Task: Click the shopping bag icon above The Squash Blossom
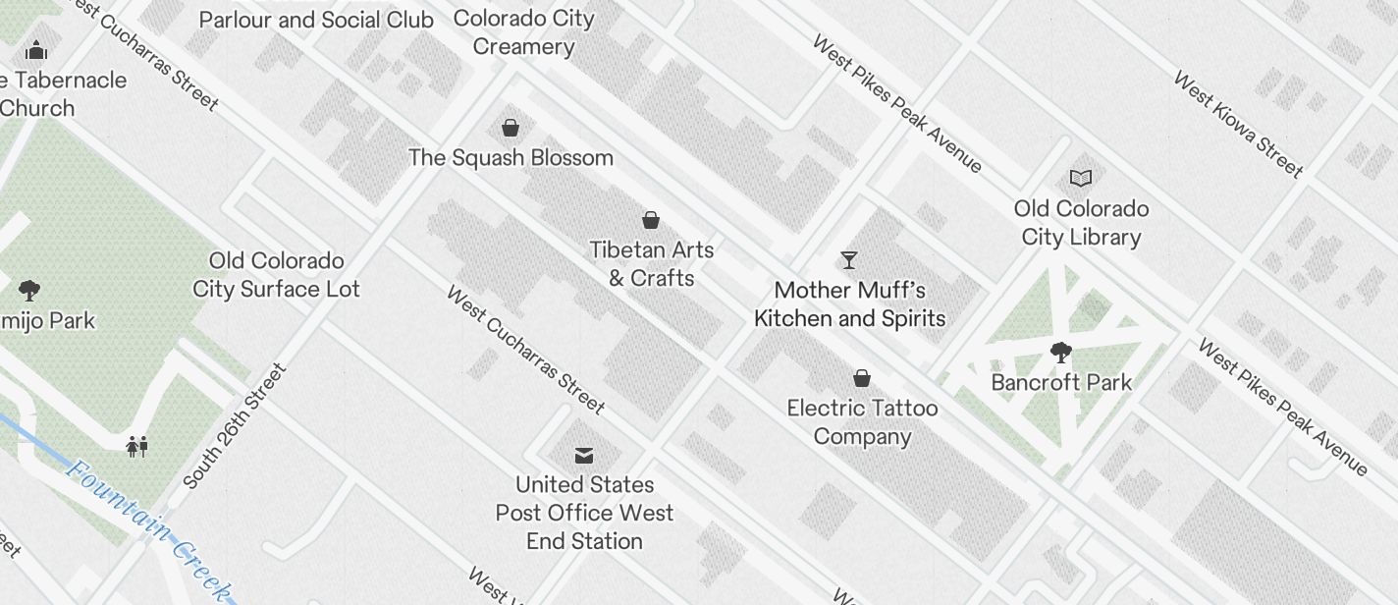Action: [511, 128]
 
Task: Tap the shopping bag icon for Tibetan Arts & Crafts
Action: [650, 220]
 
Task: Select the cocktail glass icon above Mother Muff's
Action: [849, 260]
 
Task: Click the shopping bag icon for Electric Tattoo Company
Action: [862, 378]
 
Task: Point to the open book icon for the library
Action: [1081, 179]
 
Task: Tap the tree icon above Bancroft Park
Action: [1060, 352]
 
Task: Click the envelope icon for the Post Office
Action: [584, 455]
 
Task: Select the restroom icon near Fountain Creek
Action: [136, 447]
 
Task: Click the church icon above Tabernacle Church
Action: [37, 49]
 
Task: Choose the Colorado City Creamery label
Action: [524, 32]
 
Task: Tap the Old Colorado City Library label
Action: [1081, 223]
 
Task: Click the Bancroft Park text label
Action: [1061, 382]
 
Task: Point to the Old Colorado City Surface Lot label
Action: [276, 275]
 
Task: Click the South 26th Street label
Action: [235, 427]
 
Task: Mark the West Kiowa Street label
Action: [1238, 125]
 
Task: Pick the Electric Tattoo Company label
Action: [862, 422]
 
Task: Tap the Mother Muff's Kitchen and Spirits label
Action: [849, 304]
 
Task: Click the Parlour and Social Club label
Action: [316, 20]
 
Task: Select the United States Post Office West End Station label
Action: [584, 513]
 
